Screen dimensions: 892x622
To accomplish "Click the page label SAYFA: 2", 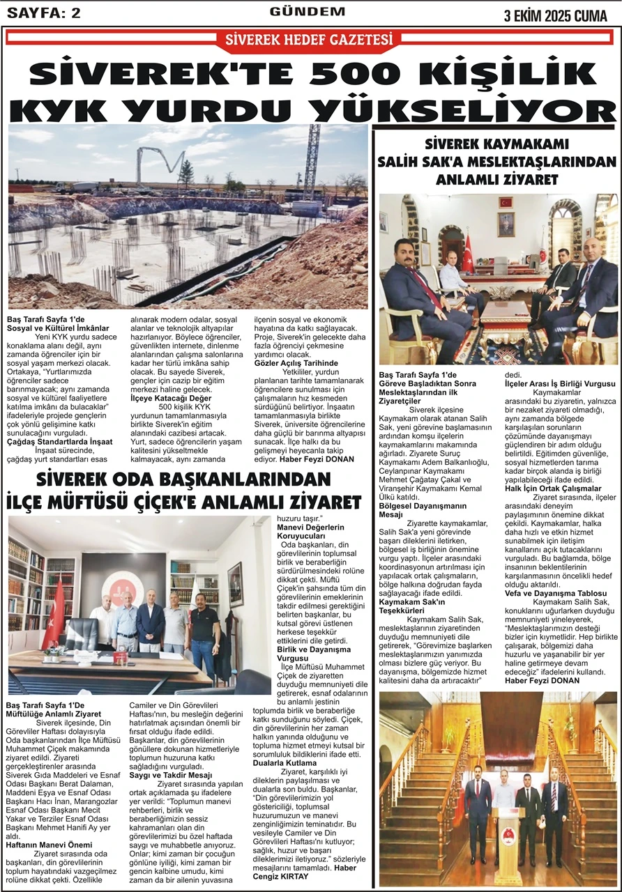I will point(44,13).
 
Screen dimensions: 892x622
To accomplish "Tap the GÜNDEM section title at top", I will point(307,12).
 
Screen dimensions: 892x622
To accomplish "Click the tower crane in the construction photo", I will point(310,164).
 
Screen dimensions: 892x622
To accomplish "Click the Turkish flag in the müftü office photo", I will point(54,613).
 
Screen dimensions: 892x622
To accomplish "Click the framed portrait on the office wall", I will point(506,224).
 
